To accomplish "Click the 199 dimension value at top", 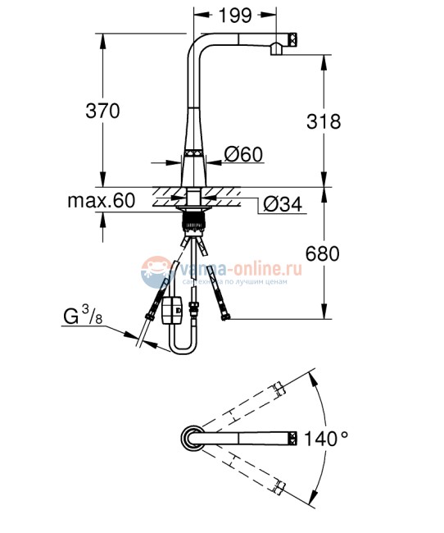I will (235, 16).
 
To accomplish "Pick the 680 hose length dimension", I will (322, 254).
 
